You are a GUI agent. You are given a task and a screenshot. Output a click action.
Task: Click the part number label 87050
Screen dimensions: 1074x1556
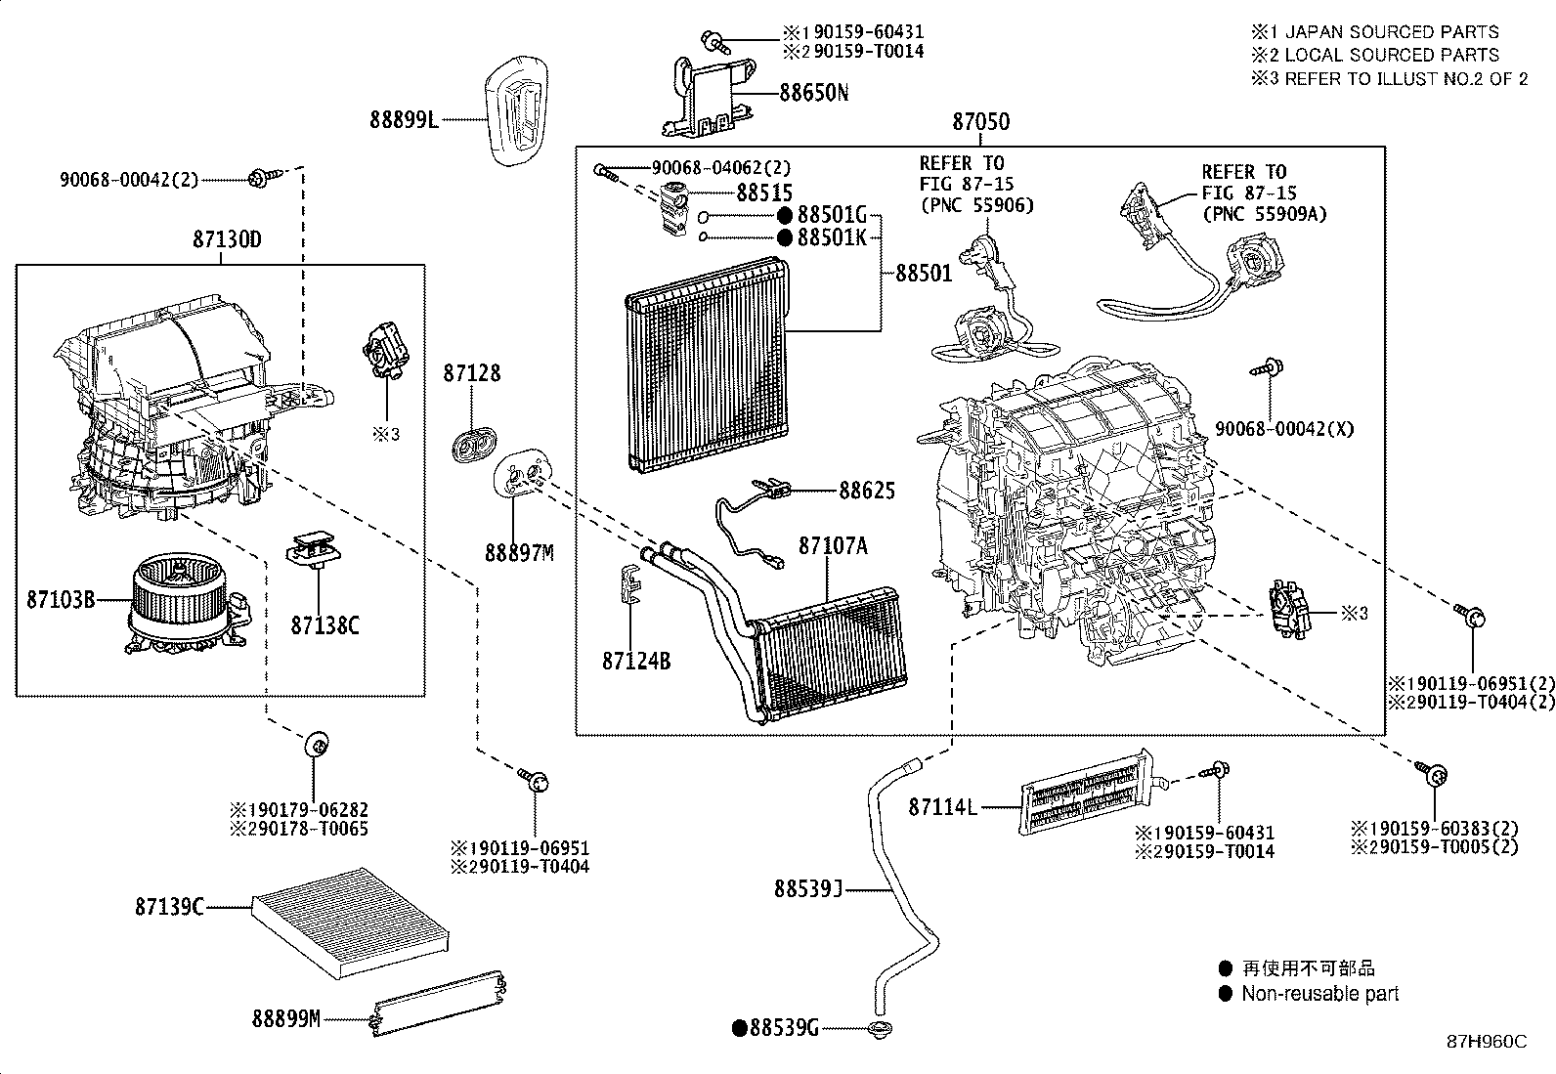(x=981, y=122)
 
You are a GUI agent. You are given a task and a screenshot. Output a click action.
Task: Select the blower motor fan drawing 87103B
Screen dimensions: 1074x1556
(x=182, y=601)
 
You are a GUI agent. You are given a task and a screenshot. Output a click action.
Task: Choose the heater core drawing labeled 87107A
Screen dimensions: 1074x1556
(x=831, y=655)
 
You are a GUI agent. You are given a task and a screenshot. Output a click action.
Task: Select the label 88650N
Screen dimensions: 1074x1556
(x=813, y=93)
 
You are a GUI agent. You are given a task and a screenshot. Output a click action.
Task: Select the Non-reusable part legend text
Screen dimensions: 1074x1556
(x=1319, y=994)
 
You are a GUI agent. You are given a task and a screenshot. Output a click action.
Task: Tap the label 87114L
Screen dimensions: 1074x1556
(x=943, y=807)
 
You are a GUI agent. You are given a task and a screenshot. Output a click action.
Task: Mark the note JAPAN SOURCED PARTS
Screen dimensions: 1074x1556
(x=1391, y=32)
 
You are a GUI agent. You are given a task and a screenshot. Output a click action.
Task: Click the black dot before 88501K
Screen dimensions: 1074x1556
(x=785, y=237)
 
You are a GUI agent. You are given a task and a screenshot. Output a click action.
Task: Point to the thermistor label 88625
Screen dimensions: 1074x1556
(x=866, y=491)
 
